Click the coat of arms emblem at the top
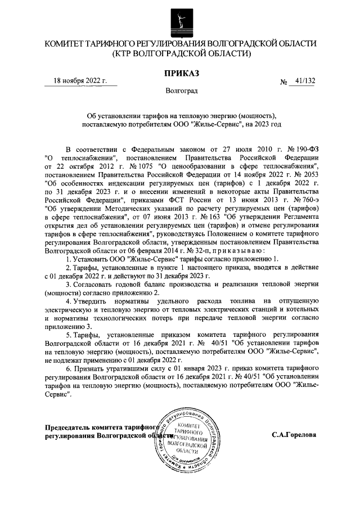tap(180, 18)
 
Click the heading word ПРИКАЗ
tap(180, 73)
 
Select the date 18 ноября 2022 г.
tap(79, 81)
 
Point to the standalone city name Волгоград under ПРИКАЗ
tap(180, 90)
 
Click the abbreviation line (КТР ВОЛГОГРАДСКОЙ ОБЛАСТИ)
tap(180, 54)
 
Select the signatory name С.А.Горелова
tap(293, 435)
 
